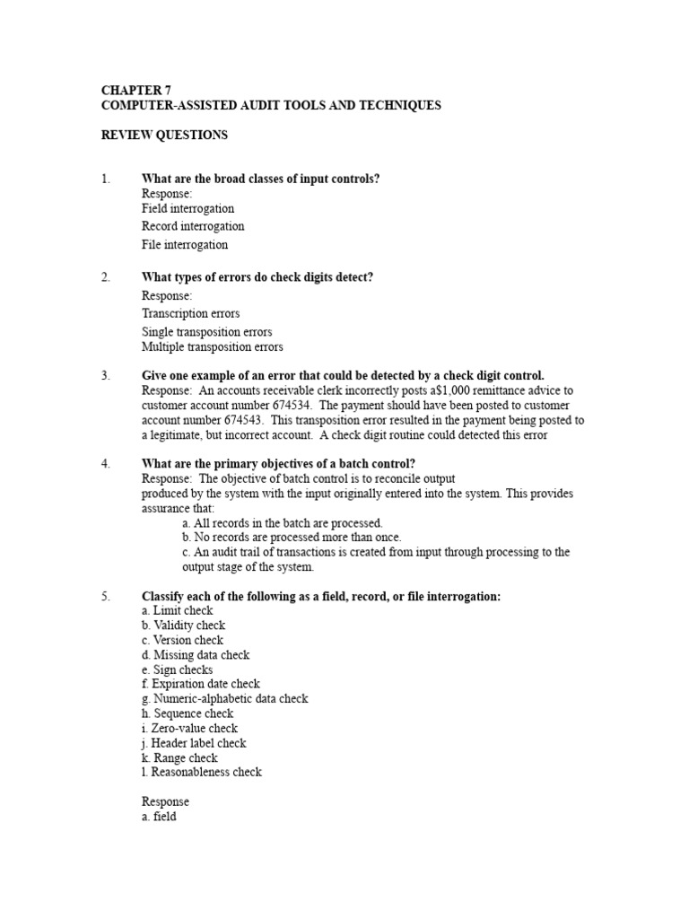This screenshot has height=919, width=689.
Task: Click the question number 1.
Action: (x=105, y=179)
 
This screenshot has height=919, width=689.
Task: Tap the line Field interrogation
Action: (x=188, y=208)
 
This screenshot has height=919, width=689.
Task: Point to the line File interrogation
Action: (x=185, y=244)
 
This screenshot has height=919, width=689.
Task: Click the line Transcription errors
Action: (x=190, y=313)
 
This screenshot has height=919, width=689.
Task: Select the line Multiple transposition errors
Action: (x=212, y=346)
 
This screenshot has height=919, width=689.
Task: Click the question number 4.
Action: (x=105, y=464)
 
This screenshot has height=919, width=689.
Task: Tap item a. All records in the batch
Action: (x=282, y=522)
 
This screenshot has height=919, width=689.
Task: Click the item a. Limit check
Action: (x=177, y=610)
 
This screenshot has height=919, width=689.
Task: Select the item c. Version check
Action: (x=183, y=640)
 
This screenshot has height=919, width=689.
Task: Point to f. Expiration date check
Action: (x=201, y=684)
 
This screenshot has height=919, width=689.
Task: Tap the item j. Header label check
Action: (x=194, y=743)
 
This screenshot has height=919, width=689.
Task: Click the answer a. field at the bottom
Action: (x=159, y=818)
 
